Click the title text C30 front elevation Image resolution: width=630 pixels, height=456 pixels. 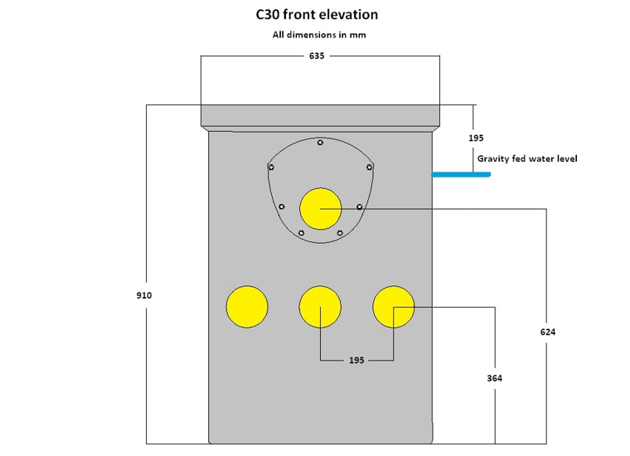point(317,15)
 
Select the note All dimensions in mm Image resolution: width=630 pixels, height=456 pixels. point(319,35)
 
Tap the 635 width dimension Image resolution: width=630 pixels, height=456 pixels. point(317,56)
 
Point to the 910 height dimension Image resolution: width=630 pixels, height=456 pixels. point(144,295)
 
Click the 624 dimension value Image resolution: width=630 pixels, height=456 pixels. point(548,332)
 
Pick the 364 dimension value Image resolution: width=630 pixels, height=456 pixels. point(495,378)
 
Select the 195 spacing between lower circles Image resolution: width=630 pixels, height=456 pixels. point(356,361)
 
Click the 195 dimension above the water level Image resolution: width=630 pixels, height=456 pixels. point(476,138)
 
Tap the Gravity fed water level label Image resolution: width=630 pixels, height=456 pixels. point(526,158)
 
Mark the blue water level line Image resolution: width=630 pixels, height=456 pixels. point(461,175)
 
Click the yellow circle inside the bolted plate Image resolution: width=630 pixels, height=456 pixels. point(321,208)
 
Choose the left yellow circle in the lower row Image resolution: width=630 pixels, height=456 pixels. point(247,307)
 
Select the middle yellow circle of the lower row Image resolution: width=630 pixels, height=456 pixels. point(321,307)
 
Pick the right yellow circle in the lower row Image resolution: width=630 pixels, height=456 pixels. point(394,307)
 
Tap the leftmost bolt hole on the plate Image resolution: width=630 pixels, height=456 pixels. point(270,167)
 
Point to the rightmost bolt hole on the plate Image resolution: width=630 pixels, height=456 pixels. point(370,167)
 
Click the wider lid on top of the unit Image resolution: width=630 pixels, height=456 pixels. point(321,115)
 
